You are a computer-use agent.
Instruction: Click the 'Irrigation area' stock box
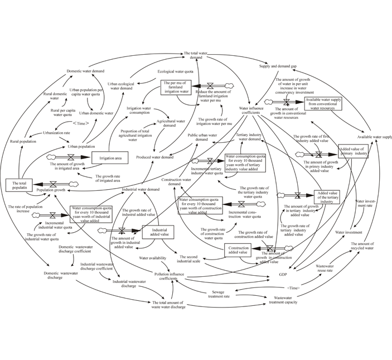(x=110, y=159)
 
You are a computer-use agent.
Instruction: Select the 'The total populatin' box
(x=20, y=184)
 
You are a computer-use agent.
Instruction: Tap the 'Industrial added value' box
(x=159, y=232)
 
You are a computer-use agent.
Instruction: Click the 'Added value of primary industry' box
(x=353, y=151)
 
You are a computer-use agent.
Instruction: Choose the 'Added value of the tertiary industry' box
(x=328, y=198)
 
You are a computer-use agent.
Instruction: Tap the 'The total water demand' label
(x=196, y=55)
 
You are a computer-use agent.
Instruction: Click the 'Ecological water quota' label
(x=175, y=71)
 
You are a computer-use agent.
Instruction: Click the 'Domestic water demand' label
(x=85, y=71)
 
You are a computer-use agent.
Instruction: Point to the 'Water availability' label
(x=153, y=258)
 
